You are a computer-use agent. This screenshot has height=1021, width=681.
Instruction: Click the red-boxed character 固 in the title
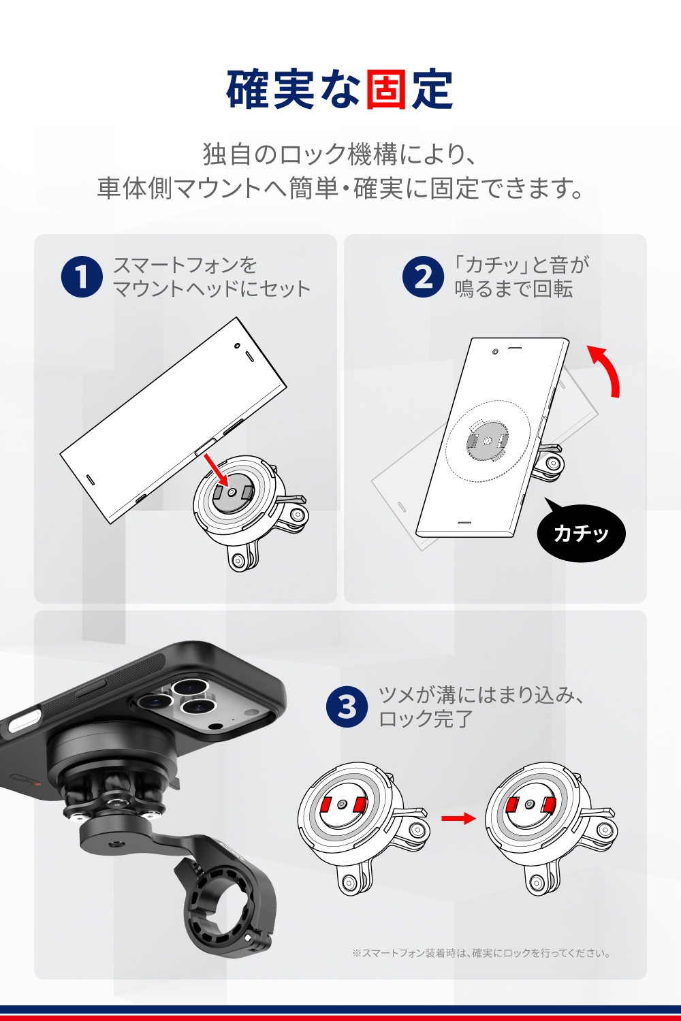click(x=386, y=89)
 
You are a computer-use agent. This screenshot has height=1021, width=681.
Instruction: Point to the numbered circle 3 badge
click(x=347, y=707)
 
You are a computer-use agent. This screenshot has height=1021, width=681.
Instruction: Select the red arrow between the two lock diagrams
click(x=458, y=819)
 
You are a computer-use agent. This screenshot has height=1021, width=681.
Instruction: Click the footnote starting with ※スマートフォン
click(x=481, y=953)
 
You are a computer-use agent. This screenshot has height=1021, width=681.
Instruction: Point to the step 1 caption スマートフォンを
click(x=185, y=265)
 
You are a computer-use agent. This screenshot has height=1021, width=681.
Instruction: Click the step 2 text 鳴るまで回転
click(x=513, y=289)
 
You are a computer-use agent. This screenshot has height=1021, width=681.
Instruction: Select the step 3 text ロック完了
click(x=426, y=719)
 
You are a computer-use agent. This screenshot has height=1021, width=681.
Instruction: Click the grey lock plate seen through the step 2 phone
click(x=487, y=440)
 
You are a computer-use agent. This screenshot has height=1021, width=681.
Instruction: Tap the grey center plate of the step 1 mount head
click(x=233, y=493)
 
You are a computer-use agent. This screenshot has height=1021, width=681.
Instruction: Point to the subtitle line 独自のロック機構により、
click(x=340, y=154)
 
